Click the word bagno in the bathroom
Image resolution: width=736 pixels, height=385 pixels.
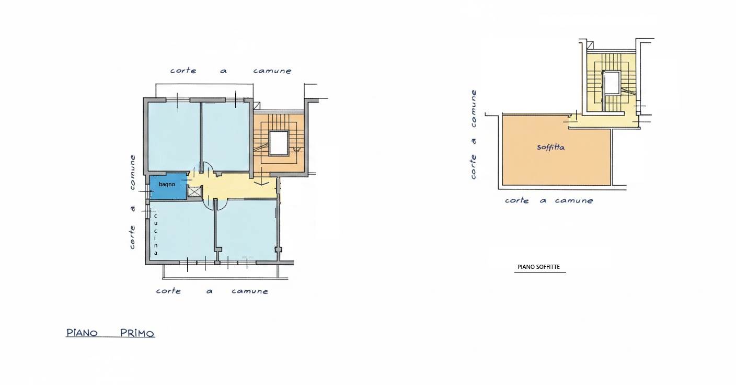167,185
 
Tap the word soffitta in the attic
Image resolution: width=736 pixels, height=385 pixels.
550,147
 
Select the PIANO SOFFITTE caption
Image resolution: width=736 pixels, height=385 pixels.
538,267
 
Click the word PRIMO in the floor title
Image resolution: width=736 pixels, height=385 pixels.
137,333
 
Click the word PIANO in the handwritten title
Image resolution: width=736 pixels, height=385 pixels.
82,333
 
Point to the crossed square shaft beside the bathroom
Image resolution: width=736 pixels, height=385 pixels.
194,191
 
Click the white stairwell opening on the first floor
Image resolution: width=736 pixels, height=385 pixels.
279,143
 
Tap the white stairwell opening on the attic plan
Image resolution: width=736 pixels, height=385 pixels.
611,82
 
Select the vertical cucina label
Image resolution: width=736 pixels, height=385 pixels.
155,234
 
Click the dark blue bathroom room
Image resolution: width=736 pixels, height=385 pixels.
168,187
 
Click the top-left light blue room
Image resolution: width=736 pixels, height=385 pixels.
174,136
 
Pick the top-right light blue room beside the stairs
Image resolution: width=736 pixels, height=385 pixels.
226,136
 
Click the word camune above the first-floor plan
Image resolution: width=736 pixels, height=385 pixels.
272,71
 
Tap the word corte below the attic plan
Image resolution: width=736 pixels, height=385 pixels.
516,200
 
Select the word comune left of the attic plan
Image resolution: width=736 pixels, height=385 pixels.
474,108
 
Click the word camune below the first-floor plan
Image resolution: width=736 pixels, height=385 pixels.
250,291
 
